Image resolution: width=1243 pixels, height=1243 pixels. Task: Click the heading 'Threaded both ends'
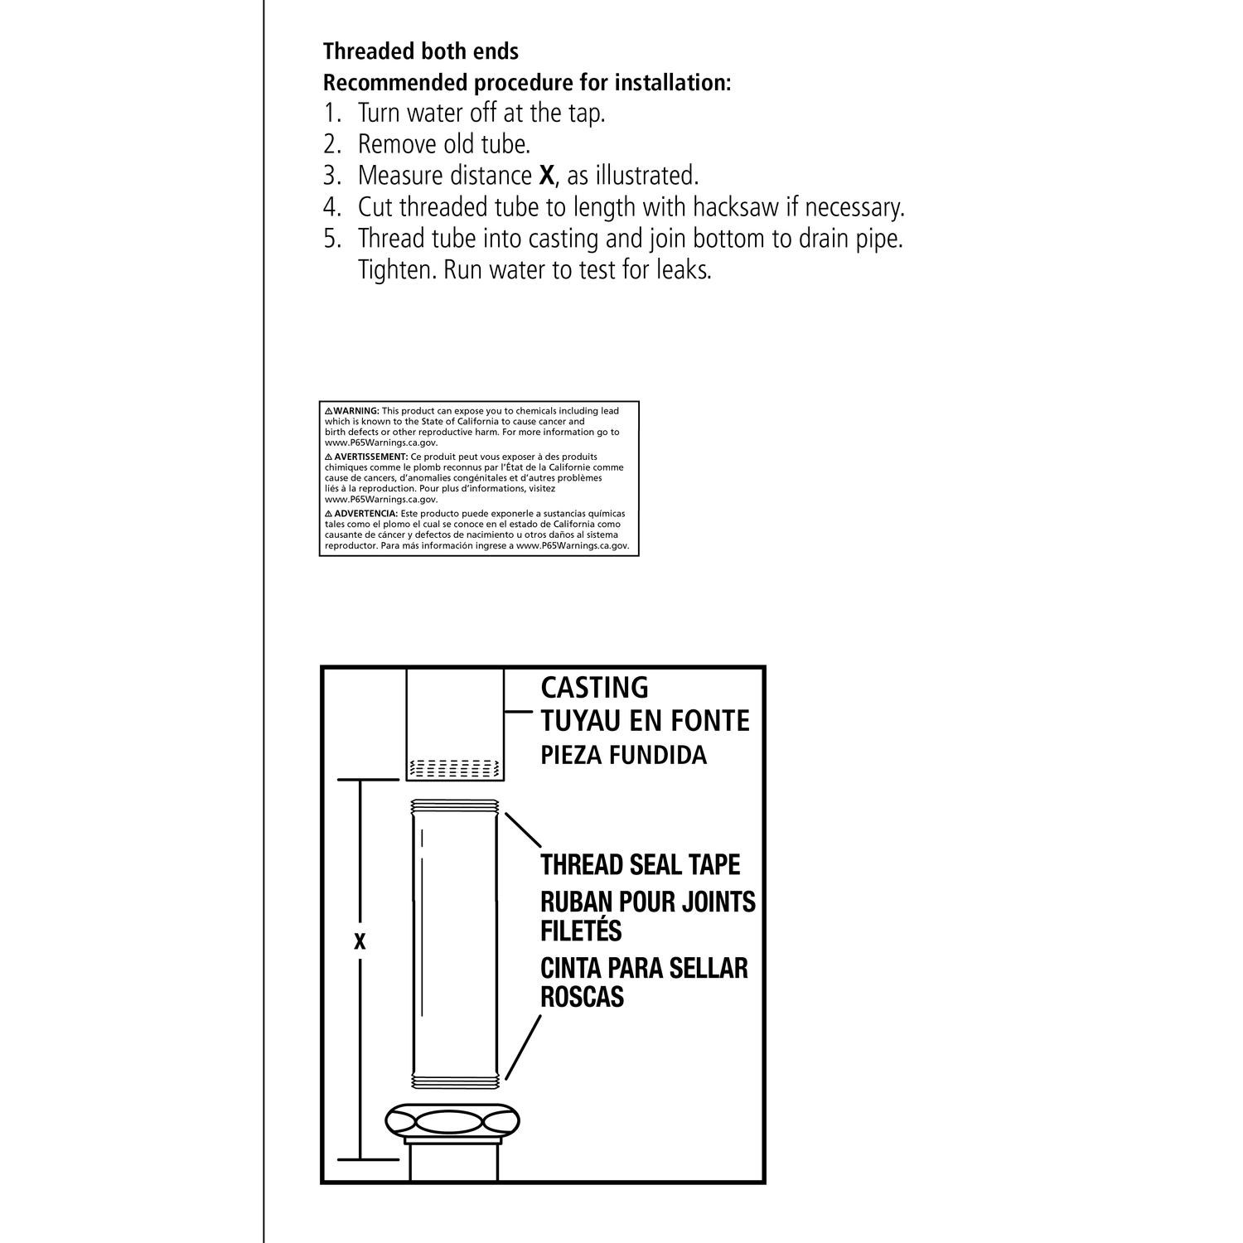point(421,51)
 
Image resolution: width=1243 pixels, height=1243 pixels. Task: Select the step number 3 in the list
point(331,176)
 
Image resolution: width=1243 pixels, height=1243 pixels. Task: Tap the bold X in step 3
point(546,176)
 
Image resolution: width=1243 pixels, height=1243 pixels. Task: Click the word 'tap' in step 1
point(585,113)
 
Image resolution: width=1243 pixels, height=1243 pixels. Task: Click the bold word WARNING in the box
point(356,411)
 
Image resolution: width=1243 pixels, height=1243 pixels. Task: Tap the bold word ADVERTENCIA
point(365,514)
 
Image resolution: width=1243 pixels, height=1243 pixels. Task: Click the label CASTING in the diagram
point(594,687)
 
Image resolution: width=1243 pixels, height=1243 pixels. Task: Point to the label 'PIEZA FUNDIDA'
point(623,756)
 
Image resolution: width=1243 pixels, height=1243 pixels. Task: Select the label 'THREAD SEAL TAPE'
point(640,864)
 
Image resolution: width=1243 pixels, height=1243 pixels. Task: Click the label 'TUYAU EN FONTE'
point(645,721)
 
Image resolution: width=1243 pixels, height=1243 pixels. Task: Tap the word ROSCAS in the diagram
point(582,997)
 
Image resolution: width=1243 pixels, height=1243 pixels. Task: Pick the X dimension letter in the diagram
point(360,942)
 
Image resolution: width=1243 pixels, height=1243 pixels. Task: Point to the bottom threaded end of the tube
point(455,1081)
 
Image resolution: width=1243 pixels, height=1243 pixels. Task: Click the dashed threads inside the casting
point(455,768)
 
